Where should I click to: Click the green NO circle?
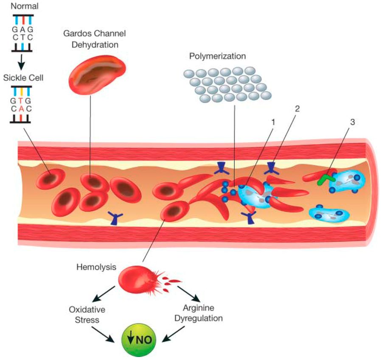click(x=138, y=340)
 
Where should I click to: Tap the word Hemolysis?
click(x=96, y=267)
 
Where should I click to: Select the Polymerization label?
click(x=217, y=56)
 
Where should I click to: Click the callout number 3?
click(x=353, y=122)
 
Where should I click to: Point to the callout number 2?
click(x=297, y=109)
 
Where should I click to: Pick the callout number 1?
click(x=273, y=122)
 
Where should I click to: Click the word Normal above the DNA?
click(x=24, y=6)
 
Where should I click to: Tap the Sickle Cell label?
click(x=23, y=78)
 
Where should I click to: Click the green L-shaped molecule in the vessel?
click(x=326, y=179)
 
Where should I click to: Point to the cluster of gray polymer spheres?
click(x=228, y=85)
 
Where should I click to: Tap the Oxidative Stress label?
click(x=87, y=315)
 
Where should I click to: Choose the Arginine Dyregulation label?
click(x=199, y=313)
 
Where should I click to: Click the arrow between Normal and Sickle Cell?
click(x=22, y=62)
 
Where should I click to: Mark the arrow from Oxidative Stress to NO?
click(x=103, y=334)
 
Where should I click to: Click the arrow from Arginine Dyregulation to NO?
click(x=174, y=334)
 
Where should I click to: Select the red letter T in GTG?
click(x=21, y=101)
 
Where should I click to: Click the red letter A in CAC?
click(x=21, y=109)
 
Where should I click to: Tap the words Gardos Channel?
click(x=95, y=33)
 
